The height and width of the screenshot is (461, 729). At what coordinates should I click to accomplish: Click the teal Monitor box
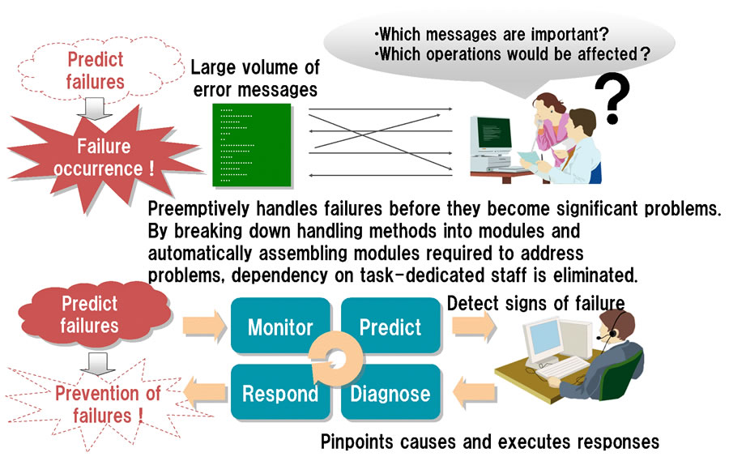pos(280,326)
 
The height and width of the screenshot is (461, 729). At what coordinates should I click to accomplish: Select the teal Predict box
pos(390,326)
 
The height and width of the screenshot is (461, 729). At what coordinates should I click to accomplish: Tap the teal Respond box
pos(280,392)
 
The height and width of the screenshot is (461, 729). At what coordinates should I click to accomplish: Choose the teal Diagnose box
pos(390,392)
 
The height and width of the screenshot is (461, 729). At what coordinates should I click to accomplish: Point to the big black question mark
pos(613,99)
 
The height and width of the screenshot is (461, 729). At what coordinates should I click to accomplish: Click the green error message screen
pos(252,145)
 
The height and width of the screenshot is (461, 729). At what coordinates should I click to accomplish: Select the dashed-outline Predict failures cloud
pos(99,70)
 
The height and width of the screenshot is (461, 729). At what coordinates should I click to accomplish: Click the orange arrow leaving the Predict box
pos(473,325)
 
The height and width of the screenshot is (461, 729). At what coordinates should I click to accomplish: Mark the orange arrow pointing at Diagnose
pos(474,392)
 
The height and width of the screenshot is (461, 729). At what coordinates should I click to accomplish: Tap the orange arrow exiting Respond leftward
pos(205,392)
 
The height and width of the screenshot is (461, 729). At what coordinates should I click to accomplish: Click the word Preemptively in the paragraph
pos(198,209)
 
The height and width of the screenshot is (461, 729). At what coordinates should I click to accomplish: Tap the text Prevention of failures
pos(108,404)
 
